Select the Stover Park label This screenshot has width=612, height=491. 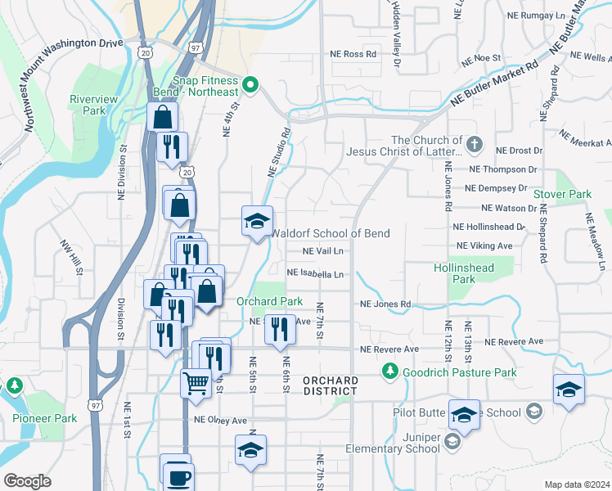562,194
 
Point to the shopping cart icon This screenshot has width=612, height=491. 196,382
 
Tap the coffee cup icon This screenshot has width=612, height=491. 178,476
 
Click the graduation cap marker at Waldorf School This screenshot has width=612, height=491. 256,222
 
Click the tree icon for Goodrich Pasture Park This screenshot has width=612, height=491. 391,372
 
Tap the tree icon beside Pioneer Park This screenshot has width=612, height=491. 14,385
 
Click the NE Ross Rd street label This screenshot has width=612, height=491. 353,54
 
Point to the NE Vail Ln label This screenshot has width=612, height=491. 322,251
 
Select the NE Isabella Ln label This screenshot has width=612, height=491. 315,274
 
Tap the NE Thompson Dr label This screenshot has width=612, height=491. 502,169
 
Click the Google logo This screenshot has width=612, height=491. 27,481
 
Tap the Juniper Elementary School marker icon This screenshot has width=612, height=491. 454,443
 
